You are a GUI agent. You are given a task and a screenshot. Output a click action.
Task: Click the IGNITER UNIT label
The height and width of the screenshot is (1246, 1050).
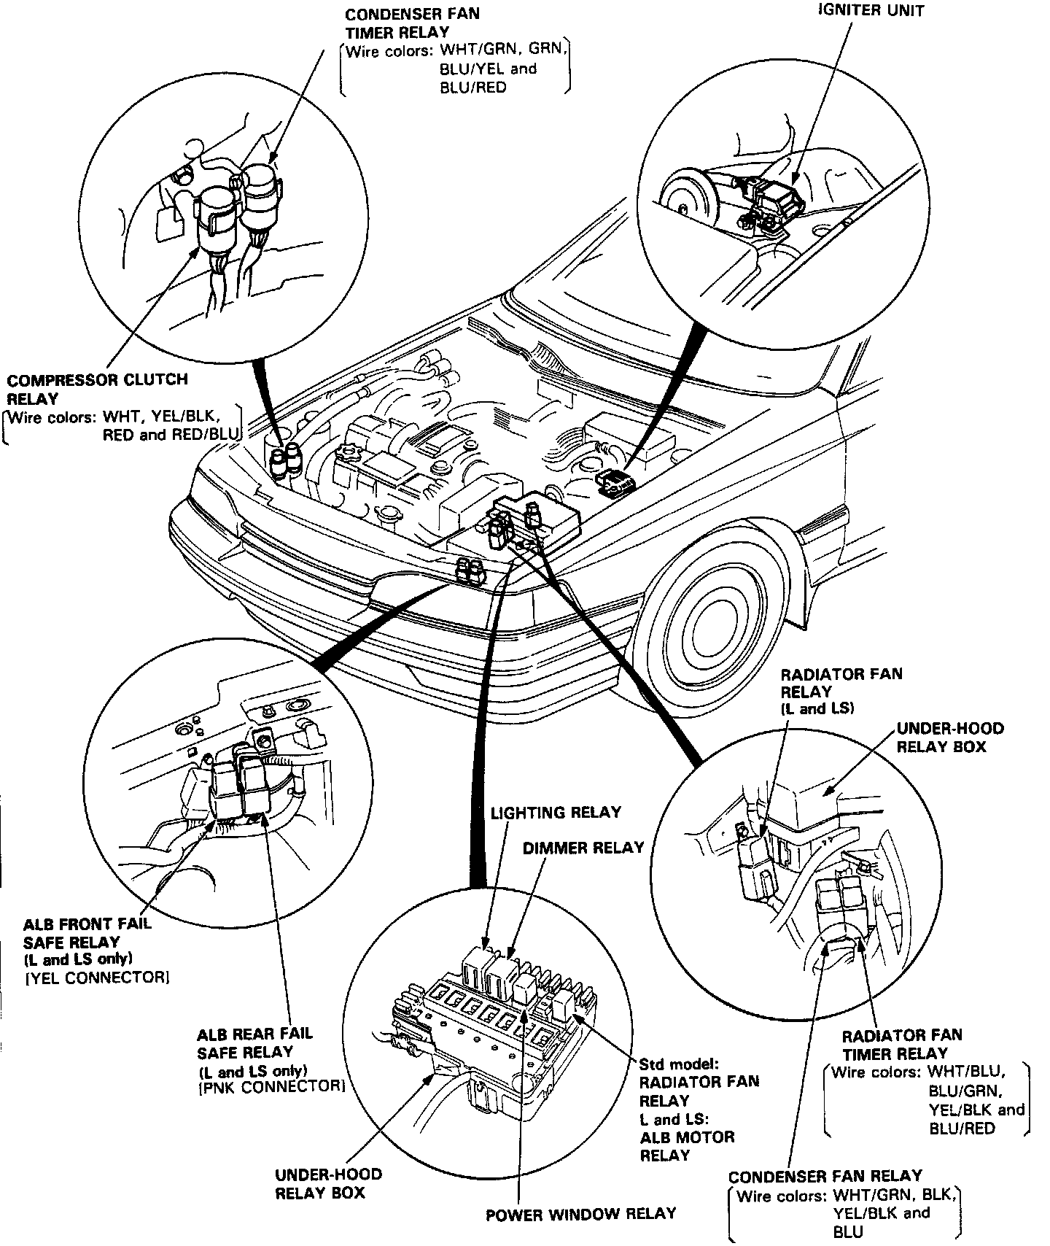click(870, 11)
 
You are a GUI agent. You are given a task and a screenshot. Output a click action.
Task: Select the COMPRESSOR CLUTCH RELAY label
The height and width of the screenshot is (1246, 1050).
click(97, 389)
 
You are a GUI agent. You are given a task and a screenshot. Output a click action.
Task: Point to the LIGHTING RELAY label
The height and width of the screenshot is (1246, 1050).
click(555, 812)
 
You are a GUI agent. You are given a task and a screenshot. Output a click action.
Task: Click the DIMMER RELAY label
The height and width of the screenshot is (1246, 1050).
click(583, 847)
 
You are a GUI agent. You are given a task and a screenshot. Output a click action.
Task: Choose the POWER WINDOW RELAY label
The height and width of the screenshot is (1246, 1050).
click(580, 1214)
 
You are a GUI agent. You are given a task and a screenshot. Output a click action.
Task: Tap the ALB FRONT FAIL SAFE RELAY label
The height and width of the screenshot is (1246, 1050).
click(87, 932)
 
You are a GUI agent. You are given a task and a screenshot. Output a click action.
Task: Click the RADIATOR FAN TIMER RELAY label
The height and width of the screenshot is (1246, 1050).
click(901, 1044)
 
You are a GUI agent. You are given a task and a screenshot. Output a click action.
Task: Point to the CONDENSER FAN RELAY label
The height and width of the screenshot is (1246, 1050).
click(825, 1176)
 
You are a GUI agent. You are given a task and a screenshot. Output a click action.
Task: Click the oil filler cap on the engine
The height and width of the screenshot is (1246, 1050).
click(349, 458)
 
